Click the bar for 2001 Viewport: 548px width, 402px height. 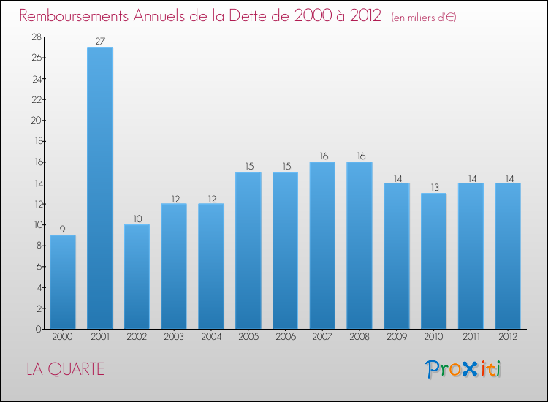(100, 188)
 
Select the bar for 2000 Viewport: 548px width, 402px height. (63, 281)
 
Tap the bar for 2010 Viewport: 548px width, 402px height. (433, 261)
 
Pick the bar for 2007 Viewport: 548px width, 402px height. (322, 245)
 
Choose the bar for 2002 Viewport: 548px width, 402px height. (137, 276)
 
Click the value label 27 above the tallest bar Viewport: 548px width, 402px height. (100, 41)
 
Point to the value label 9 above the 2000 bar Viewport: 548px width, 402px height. (63, 229)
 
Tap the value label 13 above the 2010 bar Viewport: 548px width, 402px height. (433, 187)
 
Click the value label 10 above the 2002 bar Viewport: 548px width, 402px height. (137, 219)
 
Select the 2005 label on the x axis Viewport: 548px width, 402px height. (248, 337)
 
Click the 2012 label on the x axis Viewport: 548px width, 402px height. (508, 337)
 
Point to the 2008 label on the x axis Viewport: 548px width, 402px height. (359, 337)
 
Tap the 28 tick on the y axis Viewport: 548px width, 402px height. (35, 37)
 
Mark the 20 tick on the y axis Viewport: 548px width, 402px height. (35, 121)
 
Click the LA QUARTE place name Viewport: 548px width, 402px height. (65, 369)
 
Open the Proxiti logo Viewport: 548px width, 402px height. (463, 369)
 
